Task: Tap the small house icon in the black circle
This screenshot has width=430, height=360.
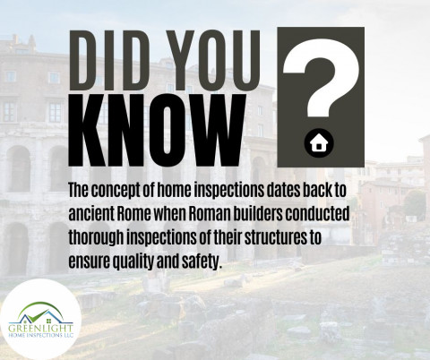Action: (319, 143)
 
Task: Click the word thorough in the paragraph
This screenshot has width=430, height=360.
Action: (96, 238)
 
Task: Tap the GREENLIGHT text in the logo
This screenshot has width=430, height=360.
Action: (40, 329)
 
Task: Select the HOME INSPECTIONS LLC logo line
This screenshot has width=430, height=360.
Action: (40, 336)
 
